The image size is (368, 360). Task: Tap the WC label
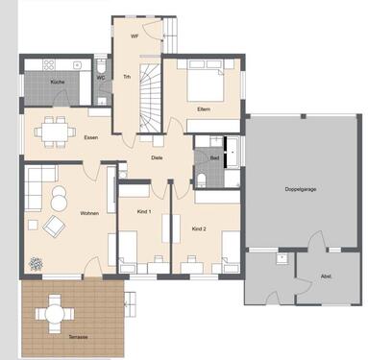101,78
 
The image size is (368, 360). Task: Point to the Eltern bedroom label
204,109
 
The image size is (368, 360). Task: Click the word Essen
90,137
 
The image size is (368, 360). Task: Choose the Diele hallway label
157,157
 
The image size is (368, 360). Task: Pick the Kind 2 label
199,228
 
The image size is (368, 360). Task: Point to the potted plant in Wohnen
36,261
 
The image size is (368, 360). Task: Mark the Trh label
126,78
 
